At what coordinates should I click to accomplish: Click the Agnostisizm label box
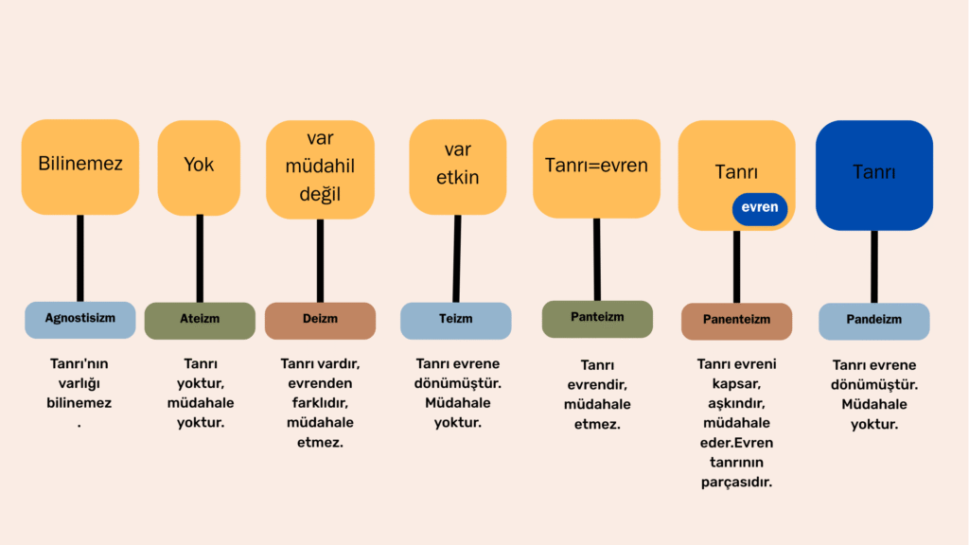click(x=80, y=320)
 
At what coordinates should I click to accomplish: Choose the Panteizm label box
click(x=597, y=319)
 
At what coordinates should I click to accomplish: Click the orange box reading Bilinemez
click(x=80, y=167)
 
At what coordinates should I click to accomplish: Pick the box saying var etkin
click(x=458, y=167)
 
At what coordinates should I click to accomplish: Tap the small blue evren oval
click(x=760, y=208)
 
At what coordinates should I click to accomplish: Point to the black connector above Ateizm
click(x=200, y=258)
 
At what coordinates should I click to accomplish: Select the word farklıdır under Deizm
click(x=320, y=403)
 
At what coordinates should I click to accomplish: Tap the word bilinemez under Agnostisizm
click(x=79, y=403)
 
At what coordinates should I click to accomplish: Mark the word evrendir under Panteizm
click(x=597, y=385)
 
